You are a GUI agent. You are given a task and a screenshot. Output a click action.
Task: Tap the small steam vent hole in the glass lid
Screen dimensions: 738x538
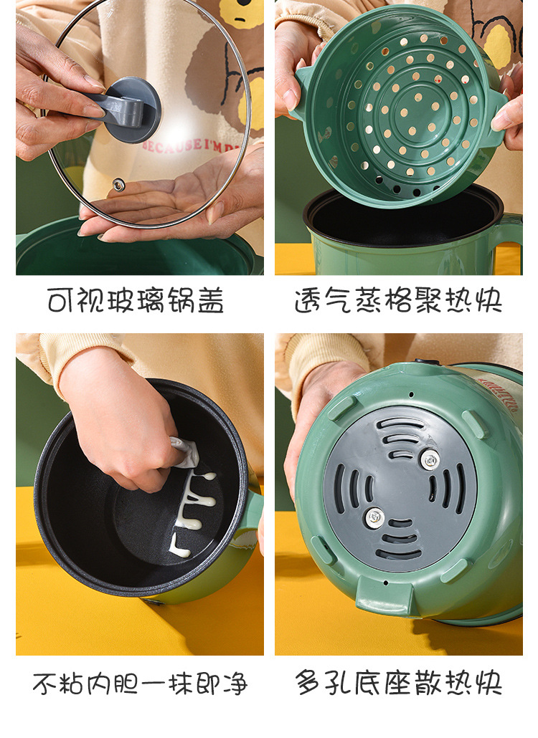pyautogui.click(x=118, y=185)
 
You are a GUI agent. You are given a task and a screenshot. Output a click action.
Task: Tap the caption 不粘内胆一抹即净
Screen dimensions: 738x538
pyautogui.click(x=140, y=684)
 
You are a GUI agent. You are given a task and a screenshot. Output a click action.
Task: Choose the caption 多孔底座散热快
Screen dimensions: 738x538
pyautogui.click(x=398, y=684)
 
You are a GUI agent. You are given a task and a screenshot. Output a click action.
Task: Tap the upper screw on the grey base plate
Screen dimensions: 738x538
pyautogui.click(x=430, y=459)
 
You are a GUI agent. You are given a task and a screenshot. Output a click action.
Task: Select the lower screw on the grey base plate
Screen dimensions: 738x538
pyautogui.click(x=374, y=516)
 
